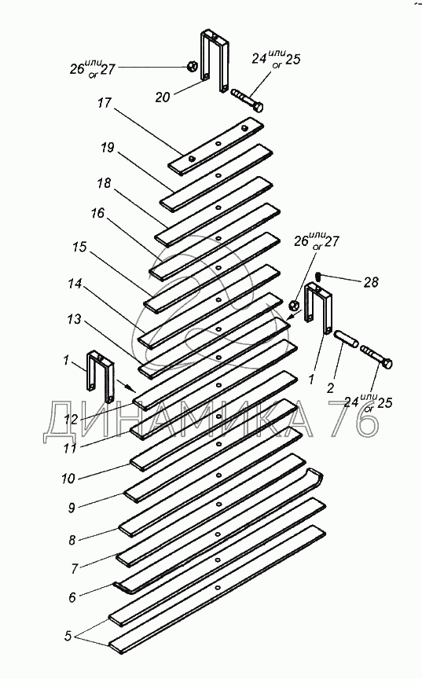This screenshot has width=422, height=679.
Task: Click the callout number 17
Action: point(105,104)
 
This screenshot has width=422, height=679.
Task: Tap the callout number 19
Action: point(108,148)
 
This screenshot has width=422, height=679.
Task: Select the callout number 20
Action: point(163,97)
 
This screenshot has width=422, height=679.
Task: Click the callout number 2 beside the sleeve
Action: point(330,387)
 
